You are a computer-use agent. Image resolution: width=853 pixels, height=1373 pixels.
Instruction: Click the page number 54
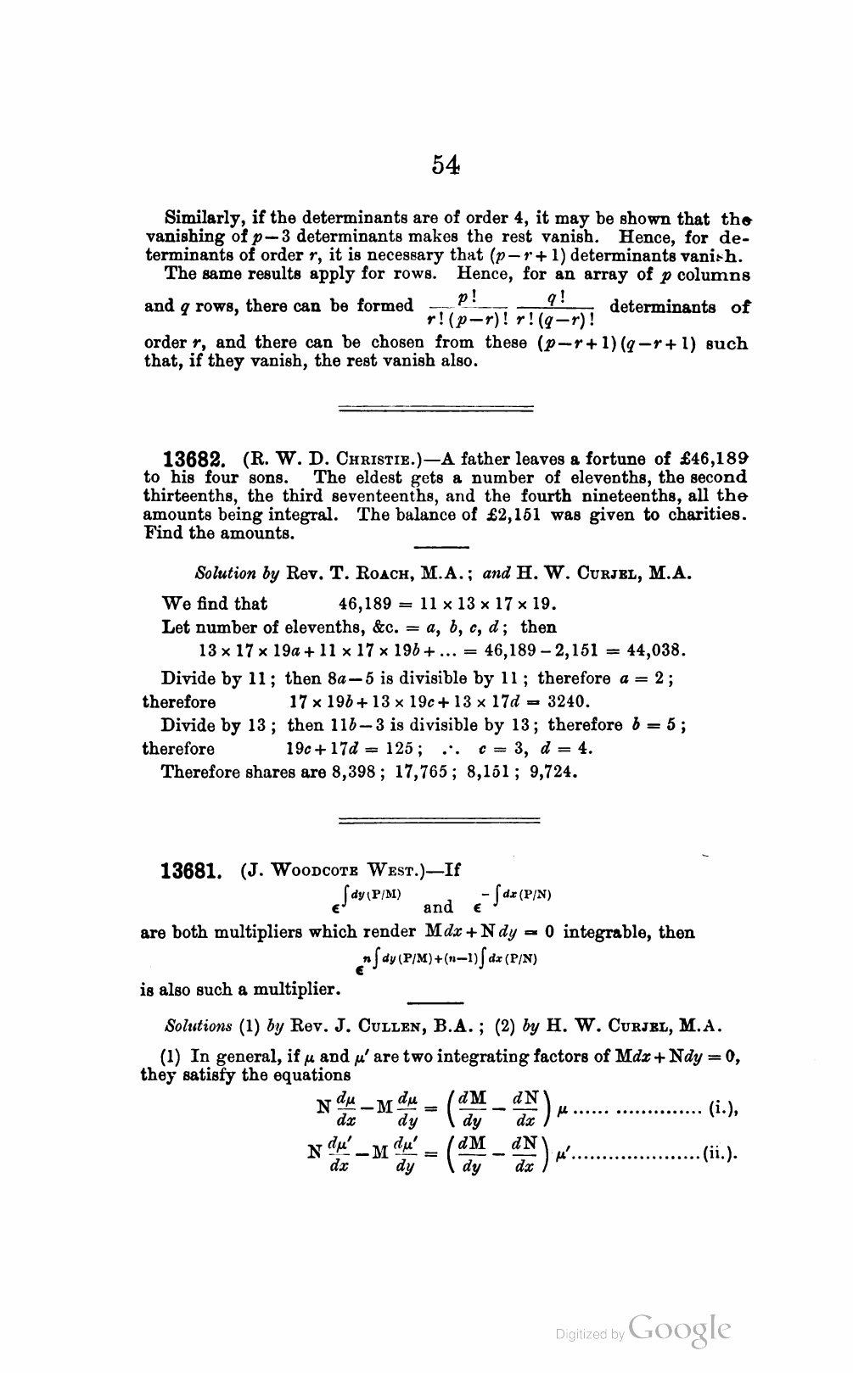[x=445, y=165]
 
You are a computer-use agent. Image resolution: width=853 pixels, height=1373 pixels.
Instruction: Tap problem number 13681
[x=192, y=871]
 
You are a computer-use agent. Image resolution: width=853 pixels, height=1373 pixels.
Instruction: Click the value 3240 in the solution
[x=566, y=701]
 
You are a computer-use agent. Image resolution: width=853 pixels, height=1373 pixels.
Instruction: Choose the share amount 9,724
[x=553, y=772]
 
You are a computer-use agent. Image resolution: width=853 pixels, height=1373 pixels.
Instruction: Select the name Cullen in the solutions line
[x=388, y=1025]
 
